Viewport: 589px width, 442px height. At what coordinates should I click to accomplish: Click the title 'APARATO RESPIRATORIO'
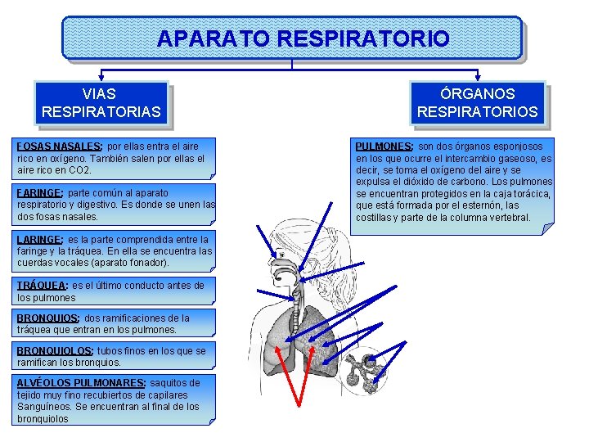coord(303,38)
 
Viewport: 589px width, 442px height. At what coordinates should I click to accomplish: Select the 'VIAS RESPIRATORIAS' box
coord(101,103)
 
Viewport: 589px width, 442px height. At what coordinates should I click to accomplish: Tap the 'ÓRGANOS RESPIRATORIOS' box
coord(478,103)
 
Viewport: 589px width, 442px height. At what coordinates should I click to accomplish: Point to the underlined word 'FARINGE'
coord(39,193)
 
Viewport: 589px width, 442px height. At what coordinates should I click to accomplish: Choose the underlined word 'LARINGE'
coord(39,240)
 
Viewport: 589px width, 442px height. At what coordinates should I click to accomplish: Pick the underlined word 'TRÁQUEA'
coord(42,286)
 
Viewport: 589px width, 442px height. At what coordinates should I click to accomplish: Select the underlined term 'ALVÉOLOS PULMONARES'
coord(80,383)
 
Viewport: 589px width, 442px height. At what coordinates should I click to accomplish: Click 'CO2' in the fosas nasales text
coord(80,170)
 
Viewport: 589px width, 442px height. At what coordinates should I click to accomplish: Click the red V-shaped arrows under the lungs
coord(304,385)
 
